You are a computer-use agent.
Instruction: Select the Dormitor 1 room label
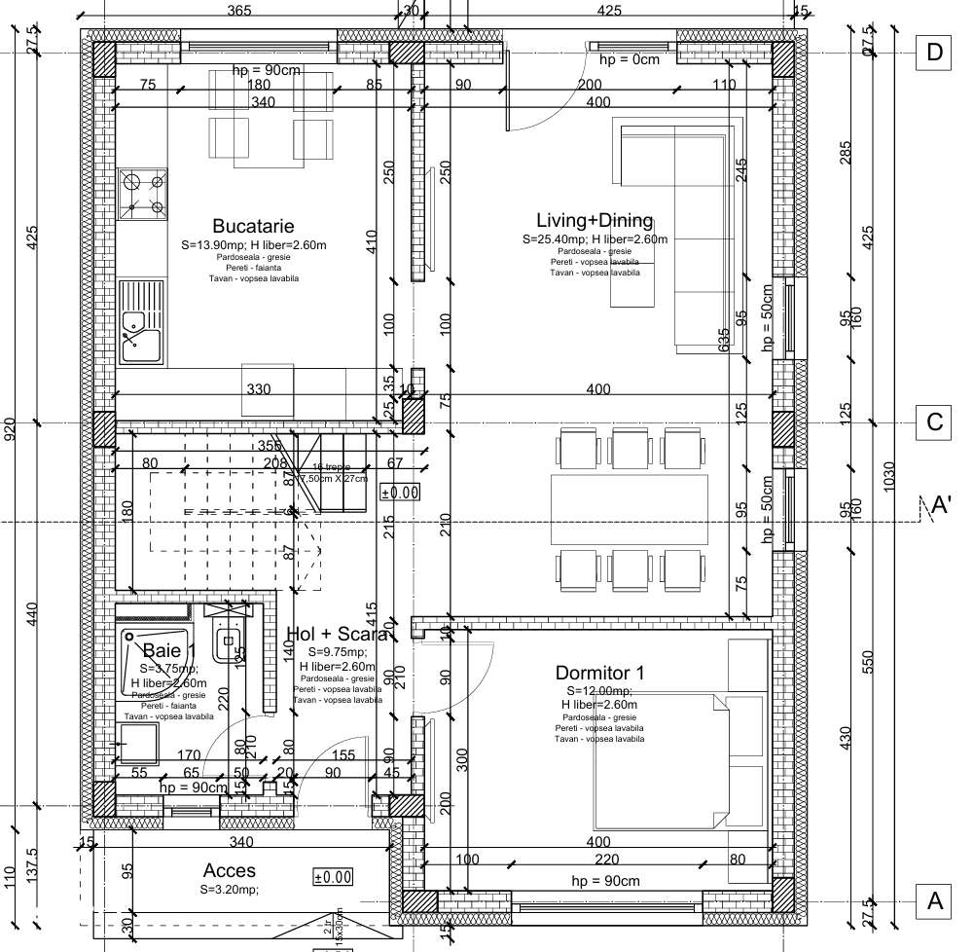point(599,673)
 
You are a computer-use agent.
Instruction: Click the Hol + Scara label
point(341,635)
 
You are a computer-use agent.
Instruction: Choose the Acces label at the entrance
point(230,870)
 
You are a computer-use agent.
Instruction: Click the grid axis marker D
point(935,53)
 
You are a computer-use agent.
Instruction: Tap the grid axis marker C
point(935,422)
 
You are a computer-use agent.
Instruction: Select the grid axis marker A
point(935,900)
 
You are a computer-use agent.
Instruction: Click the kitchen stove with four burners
point(142,192)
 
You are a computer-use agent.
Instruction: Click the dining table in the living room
point(629,508)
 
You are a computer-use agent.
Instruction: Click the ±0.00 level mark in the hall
point(399,493)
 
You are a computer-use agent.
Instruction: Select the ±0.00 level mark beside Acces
point(332,877)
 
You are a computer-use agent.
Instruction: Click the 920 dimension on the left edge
point(11,428)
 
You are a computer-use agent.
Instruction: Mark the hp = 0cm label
point(629,59)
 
